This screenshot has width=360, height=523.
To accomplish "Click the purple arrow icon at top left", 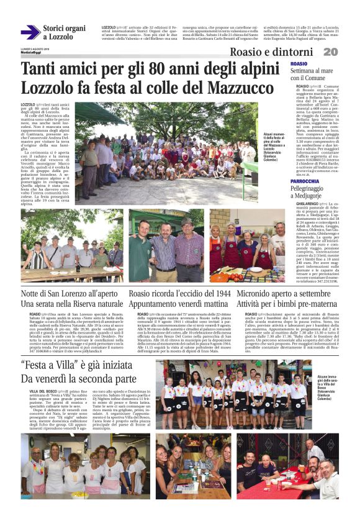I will [30, 32].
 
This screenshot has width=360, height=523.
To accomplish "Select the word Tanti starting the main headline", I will [45, 69].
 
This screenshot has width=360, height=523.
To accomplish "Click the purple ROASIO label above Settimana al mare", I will [299, 64].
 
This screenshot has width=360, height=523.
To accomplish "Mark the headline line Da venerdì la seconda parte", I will [78, 378].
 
